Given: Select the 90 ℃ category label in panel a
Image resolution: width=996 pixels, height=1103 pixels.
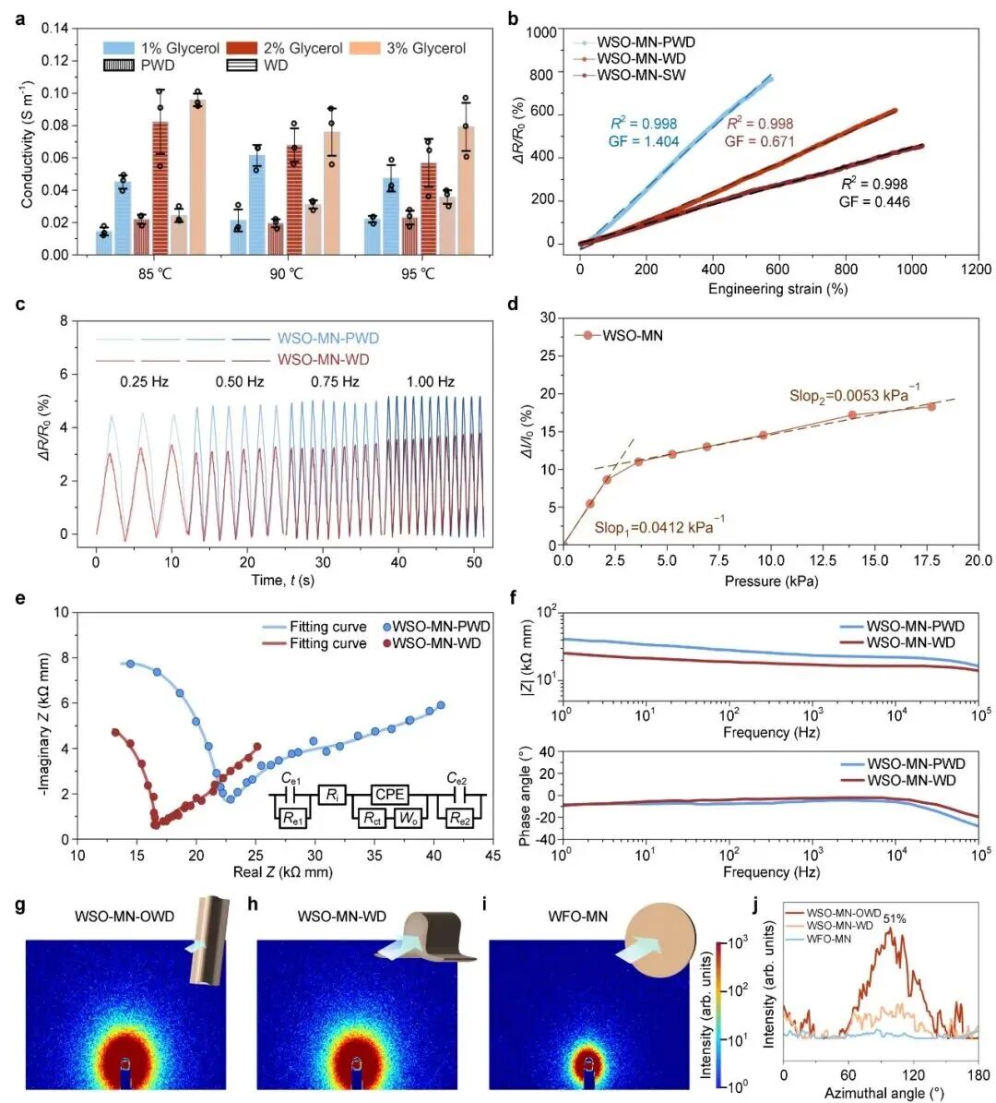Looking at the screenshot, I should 286,274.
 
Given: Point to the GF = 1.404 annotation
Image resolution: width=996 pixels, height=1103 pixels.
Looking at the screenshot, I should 644,141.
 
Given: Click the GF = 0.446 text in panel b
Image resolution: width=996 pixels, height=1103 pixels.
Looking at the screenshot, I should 873,201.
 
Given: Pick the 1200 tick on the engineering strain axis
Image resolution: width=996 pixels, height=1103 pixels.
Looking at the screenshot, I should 977,270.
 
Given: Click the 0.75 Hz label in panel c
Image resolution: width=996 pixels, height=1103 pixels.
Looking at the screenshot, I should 335,381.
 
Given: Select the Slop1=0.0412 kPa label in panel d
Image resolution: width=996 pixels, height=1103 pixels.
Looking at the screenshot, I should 658,527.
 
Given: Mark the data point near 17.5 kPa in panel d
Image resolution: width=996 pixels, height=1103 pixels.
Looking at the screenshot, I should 931,406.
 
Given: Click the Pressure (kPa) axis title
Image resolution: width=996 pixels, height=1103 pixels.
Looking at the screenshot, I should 771,581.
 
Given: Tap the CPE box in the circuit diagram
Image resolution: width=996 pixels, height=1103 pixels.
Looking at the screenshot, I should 391,793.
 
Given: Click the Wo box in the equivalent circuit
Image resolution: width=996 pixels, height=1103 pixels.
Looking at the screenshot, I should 408,818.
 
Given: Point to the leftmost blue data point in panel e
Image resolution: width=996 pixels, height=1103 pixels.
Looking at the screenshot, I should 131,664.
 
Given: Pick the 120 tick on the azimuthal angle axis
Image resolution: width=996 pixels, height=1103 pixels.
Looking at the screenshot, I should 913,1076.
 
